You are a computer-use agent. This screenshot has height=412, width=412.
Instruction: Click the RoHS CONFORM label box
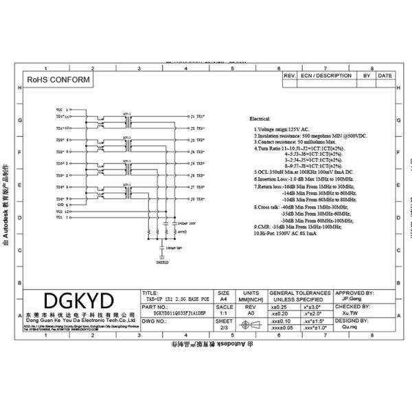tap(58, 80)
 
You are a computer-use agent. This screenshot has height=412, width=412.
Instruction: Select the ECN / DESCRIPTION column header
tap(325, 76)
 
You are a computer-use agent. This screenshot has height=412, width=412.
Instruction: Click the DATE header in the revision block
tap(385, 76)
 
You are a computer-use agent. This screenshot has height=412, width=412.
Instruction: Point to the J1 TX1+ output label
tap(197, 117)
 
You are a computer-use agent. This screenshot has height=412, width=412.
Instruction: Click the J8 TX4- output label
tap(197, 199)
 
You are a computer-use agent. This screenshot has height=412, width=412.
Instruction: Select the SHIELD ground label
tap(162, 262)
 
